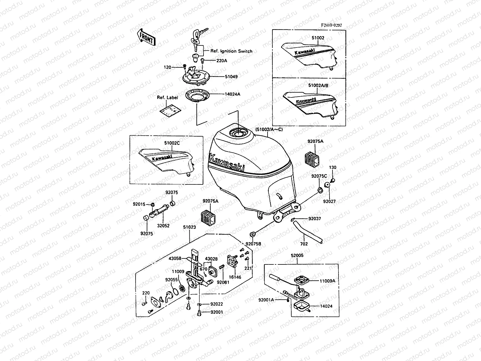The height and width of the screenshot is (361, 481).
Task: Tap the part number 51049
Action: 231,77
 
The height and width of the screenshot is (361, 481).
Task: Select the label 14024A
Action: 232,94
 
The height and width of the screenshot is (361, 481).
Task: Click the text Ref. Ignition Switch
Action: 231,51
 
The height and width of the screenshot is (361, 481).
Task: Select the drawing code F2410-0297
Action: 331,26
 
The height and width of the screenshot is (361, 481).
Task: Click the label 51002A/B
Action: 318,85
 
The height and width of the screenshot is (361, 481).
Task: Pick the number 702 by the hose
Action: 304,244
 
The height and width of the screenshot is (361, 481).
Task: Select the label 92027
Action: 329,202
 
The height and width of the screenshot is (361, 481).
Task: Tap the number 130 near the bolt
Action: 332,167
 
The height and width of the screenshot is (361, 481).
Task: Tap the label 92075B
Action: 253,244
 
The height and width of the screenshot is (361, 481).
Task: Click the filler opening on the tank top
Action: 238,132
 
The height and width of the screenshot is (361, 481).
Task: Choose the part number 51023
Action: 189,227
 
